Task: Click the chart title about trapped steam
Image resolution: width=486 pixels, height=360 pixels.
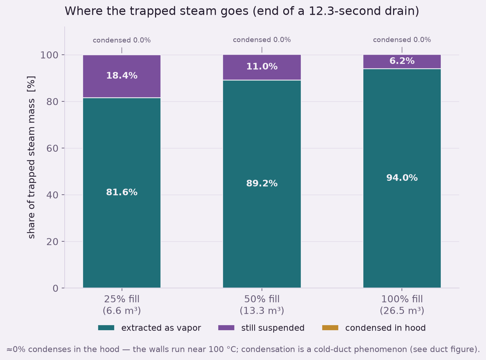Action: pos(242,11)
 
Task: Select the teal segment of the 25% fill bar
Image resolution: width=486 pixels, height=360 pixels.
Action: pos(122,193)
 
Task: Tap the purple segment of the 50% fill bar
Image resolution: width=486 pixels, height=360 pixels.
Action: pos(262,67)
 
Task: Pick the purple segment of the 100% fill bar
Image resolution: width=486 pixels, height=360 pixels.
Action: pos(402,62)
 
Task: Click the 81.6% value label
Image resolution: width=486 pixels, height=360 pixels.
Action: pos(122,192)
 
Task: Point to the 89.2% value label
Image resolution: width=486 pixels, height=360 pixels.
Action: pos(262,183)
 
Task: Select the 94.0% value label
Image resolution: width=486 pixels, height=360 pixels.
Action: pos(402,178)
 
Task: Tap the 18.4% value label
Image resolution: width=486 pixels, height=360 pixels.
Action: pos(122,76)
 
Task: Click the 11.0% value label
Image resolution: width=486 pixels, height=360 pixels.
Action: pos(262,66)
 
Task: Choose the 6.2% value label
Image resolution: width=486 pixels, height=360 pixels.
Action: pos(402,61)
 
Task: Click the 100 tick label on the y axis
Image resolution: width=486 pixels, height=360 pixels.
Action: pos(49,55)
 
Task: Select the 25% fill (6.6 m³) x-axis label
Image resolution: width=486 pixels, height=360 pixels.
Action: pos(122,305)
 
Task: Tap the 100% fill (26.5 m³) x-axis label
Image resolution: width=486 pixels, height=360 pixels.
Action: pos(402,305)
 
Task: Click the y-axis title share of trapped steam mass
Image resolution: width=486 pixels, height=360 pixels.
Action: pos(31,157)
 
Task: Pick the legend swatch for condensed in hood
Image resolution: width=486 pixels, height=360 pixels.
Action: pos(330,328)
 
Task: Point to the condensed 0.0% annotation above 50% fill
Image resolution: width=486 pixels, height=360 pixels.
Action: pos(262,40)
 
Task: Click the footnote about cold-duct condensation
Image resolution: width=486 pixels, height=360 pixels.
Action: pos(243,349)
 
